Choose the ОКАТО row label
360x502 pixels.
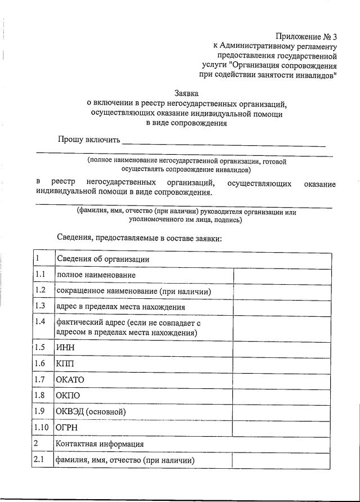(x=70, y=379)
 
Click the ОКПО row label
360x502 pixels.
(x=68, y=396)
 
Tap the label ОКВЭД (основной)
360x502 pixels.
(x=90, y=411)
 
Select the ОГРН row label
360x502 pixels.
(x=66, y=428)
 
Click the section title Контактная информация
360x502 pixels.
(x=100, y=444)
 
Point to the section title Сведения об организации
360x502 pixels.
(x=102, y=258)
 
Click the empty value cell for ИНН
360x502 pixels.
(x=281, y=347)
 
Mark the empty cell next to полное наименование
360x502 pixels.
(x=281, y=275)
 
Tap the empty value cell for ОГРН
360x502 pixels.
(x=281, y=428)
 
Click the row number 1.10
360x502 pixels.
(x=42, y=428)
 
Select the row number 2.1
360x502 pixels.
(x=40, y=460)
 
